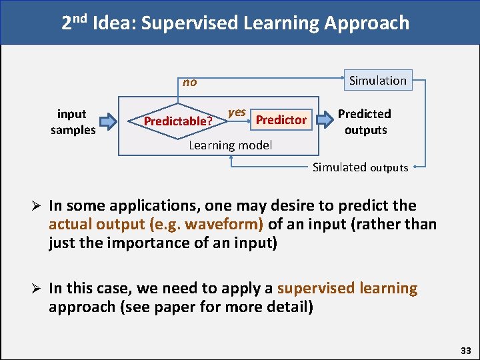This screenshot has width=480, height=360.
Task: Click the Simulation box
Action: point(377,80)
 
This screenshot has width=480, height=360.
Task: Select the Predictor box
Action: point(281,120)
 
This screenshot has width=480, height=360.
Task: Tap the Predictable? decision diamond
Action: point(178,121)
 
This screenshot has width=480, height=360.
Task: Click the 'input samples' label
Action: point(73,122)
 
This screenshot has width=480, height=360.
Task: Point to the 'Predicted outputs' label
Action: point(365,121)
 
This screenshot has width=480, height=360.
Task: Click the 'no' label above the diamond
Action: point(190,82)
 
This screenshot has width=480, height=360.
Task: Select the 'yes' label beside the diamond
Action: point(237,112)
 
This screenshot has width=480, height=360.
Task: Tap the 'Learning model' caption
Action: point(231,145)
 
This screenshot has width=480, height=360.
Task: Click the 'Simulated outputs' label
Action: point(360,167)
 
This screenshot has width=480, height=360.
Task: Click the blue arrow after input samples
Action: point(105,121)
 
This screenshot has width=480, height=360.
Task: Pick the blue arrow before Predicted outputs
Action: point(325,120)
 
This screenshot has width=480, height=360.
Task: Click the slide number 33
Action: point(465,350)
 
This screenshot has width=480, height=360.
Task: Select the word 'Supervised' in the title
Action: point(190,23)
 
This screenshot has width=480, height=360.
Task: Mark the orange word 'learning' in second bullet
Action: point(387,288)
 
